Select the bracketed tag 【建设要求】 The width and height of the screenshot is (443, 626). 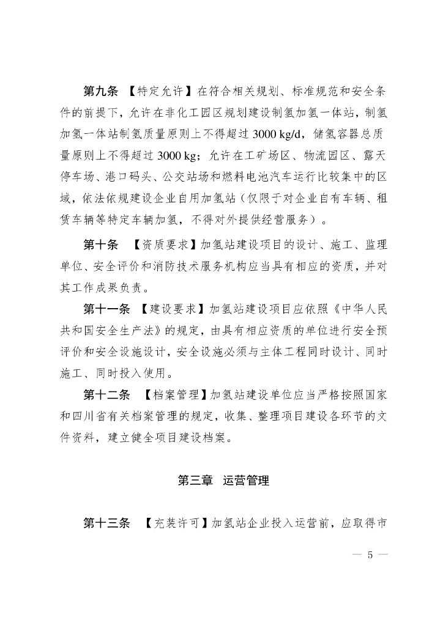pos(176,309)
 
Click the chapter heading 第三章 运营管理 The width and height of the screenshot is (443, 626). pos(223,481)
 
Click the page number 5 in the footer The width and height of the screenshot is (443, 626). pos(370,556)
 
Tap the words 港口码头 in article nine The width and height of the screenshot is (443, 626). pos(140,177)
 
